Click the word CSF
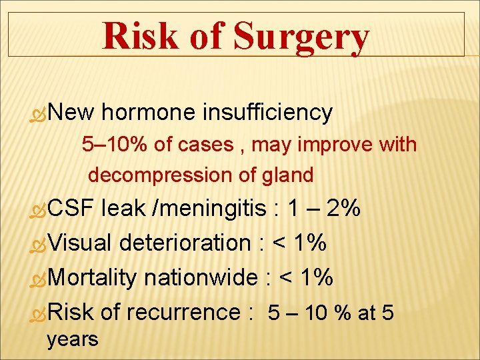[71, 209]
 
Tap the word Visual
[80, 243]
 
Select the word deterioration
[185, 243]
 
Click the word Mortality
[93, 277]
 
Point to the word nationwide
[200, 277]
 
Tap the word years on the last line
[72, 339]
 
